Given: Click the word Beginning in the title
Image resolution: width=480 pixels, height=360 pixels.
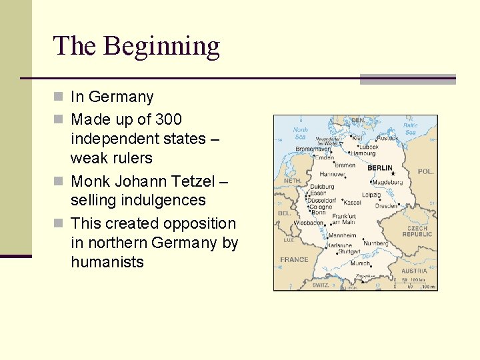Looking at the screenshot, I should [x=161, y=47].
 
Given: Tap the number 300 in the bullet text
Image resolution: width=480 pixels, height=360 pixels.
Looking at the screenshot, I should [x=168, y=119].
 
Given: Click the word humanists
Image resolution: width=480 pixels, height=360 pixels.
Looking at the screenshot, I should [x=107, y=262].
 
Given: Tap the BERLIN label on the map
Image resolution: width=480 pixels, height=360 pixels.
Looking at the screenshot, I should [x=380, y=169].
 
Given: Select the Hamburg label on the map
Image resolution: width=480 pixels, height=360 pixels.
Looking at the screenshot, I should [x=363, y=153].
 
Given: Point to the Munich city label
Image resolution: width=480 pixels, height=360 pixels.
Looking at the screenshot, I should [x=360, y=263].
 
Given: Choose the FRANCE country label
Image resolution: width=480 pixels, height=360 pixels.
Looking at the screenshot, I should [x=294, y=259].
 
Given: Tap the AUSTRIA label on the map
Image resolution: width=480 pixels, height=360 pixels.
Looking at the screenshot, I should [x=414, y=271].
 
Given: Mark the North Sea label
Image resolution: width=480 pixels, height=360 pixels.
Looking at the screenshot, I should [x=301, y=133].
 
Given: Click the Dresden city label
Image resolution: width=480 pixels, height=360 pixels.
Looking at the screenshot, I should [x=387, y=206].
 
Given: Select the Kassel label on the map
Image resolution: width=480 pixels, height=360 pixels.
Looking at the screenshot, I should [x=353, y=202].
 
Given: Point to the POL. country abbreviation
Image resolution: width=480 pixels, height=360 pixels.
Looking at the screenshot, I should [x=425, y=171].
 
